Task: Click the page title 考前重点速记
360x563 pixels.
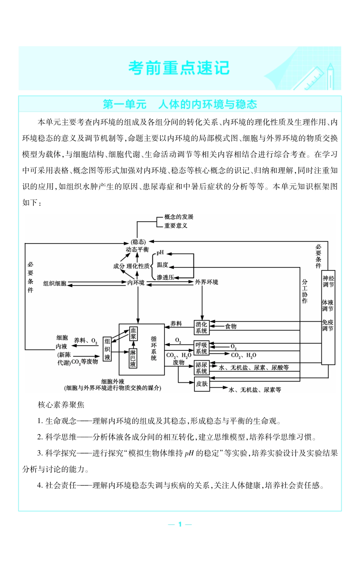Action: pyautogui.click(x=179, y=68)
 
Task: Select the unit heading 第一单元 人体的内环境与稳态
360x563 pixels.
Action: pyautogui.click(x=180, y=104)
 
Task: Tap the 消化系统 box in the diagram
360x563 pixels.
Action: pyautogui.click(x=202, y=327)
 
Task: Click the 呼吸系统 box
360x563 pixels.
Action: pyautogui.click(x=202, y=348)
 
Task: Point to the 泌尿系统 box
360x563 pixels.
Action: pyautogui.click(x=202, y=368)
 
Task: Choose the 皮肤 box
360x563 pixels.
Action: pyautogui.click(x=202, y=384)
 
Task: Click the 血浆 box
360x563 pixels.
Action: pyautogui.click(x=133, y=333)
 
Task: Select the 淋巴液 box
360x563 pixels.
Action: pyautogui.click(x=133, y=358)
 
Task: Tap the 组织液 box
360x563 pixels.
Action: pyautogui.click(x=107, y=349)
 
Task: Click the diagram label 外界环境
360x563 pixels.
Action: pyautogui.click(x=207, y=282)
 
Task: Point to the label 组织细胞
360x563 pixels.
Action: pyautogui.click(x=55, y=283)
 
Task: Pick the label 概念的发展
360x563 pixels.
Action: pyautogui.click(x=179, y=217)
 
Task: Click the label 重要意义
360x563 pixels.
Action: pyautogui.click(x=175, y=226)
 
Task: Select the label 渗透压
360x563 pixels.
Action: pyautogui.click(x=165, y=277)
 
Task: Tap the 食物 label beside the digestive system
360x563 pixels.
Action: pyautogui.click(x=231, y=326)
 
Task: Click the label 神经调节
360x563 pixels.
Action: pyautogui.click(x=328, y=281)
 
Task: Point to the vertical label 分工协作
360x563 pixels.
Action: pyautogui.click(x=305, y=291)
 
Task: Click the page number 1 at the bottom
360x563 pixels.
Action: pyautogui.click(x=180, y=524)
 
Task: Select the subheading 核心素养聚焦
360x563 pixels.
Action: pyautogui.click(x=61, y=405)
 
